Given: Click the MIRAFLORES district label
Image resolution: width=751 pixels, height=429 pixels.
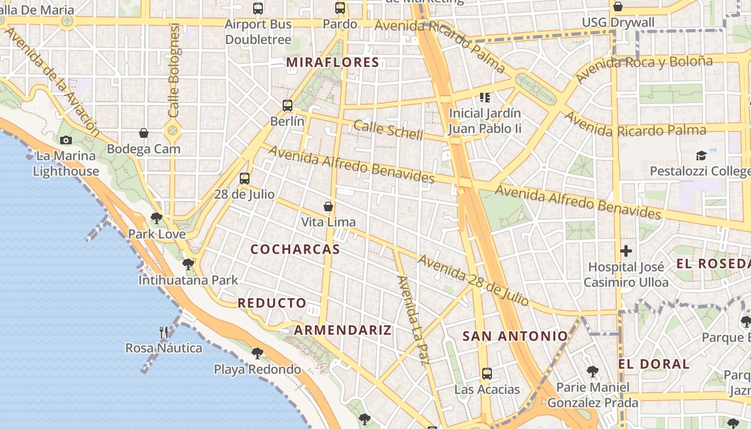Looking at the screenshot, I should pyautogui.click(x=333, y=62).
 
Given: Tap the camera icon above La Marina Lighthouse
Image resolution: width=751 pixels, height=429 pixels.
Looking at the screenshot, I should pyautogui.click(x=66, y=140).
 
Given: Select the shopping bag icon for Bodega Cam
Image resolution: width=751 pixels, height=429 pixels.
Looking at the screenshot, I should pyautogui.click(x=144, y=132).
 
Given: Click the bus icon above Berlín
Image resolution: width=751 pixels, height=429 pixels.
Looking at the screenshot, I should pyautogui.click(x=288, y=105).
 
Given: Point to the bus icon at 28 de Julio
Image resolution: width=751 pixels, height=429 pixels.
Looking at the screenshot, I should pyautogui.click(x=245, y=178).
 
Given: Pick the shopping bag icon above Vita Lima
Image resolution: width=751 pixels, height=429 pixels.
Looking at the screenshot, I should pyautogui.click(x=328, y=206).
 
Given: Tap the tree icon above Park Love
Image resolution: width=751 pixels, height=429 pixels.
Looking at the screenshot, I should pyautogui.click(x=157, y=218).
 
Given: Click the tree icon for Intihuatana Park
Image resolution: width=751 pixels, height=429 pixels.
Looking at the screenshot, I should pyautogui.click(x=188, y=264).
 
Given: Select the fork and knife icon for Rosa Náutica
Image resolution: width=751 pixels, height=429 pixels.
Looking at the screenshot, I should pyautogui.click(x=164, y=332).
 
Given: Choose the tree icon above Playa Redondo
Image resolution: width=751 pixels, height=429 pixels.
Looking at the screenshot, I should pyautogui.click(x=257, y=353).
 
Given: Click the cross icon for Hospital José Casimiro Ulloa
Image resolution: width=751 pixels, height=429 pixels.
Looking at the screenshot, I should pyautogui.click(x=626, y=250).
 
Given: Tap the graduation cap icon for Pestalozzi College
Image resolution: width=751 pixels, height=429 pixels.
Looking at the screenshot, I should pyautogui.click(x=701, y=156).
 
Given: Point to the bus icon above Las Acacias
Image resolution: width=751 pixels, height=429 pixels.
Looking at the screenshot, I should pyautogui.click(x=487, y=373).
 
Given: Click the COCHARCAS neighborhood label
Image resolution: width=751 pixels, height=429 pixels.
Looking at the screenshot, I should pyautogui.click(x=295, y=249).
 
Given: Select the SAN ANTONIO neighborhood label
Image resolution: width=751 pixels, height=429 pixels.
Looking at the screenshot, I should pyautogui.click(x=515, y=336).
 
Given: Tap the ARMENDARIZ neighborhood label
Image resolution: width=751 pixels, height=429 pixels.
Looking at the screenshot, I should pyautogui.click(x=343, y=330).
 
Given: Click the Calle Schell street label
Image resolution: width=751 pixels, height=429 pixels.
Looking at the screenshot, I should pyautogui.click(x=388, y=130).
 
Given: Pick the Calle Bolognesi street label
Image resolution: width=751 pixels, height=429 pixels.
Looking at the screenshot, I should pyautogui.click(x=173, y=70).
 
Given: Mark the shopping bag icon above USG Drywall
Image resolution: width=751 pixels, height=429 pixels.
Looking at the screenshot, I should pyautogui.click(x=618, y=6).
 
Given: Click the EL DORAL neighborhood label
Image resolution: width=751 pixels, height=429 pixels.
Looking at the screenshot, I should pyautogui.click(x=654, y=364).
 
